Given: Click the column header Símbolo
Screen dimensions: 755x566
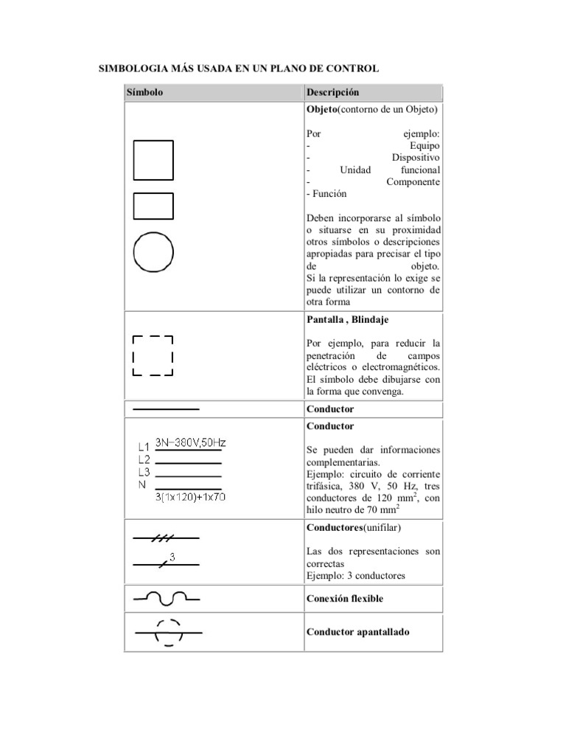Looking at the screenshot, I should pyautogui.click(x=144, y=93).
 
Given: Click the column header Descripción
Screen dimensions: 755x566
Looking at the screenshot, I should pyautogui.click(x=332, y=93).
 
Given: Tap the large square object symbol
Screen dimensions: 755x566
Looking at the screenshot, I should pyautogui.click(x=153, y=160).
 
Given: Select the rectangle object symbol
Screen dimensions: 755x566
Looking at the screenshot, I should pyautogui.click(x=153, y=206).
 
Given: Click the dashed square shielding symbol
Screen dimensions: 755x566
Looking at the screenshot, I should pyautogui.click(x=153, y=356).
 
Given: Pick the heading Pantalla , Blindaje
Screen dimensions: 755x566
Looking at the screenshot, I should pyautogui.click(x=347, y=320).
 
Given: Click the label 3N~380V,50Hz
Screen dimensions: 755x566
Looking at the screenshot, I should pyautogui.click(x=190, y=443).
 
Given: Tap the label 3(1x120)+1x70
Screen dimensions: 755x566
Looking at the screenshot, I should pyautogui.click(x=190, y=497).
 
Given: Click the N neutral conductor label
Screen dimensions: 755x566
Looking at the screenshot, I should pyautogui.click(x=141, y=485).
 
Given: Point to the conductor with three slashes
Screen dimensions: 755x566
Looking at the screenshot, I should pyautogui.click(x=165, y=539).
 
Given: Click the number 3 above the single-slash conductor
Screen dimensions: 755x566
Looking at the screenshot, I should pyautogui.click(x=172, y=557).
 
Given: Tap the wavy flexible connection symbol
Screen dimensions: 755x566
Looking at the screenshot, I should pyautogui.click(x=166, y=598).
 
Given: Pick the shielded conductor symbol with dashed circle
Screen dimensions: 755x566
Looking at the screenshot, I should pyautogui.click(x=168, y=633).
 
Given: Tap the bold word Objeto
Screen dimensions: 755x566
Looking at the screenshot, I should pyautogui.click(x=322, y=110).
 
